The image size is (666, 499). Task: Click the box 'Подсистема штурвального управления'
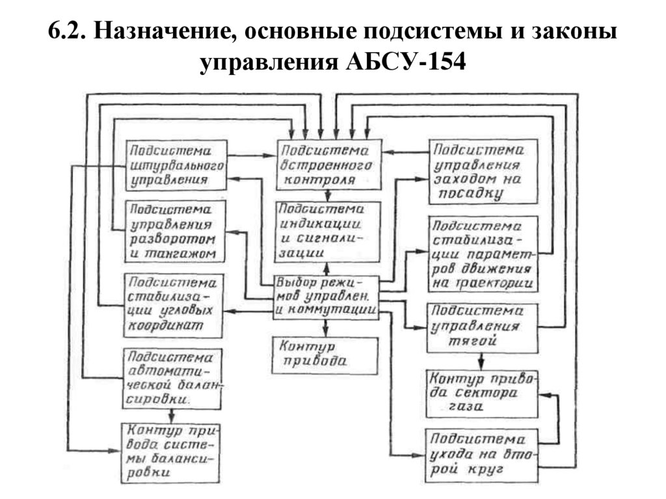tap(176, 164)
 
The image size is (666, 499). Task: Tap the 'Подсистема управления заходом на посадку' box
tap(483, 171)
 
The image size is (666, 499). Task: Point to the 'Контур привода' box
tap(325, 355)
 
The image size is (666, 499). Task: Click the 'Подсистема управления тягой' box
tap(483, 327)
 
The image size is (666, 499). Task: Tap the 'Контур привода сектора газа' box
tap(483, 394)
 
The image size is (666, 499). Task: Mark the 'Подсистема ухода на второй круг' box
tap(483, 453)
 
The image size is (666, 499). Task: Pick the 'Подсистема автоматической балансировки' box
tap(172, 378)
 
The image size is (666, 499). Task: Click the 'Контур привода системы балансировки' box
tap(172, 451)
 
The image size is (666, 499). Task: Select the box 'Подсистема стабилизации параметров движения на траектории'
tap(483, 254)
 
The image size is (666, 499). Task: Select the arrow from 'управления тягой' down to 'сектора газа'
tap(481, 360)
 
